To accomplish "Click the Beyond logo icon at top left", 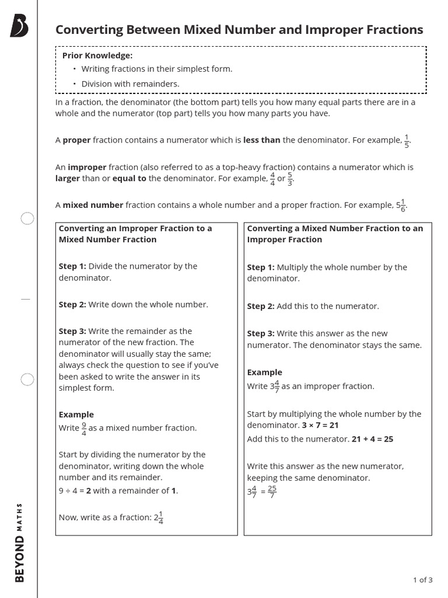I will click(19, 27).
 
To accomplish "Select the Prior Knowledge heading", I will click(97, 55).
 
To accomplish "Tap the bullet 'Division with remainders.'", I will click(130, 84).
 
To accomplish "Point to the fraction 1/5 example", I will click(407, 141).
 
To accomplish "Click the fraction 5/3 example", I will click(290, 178).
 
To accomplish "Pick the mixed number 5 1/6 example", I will click(401, 205).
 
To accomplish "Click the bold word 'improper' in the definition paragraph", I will click(87, 167).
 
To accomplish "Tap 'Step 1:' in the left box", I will click(72, 266).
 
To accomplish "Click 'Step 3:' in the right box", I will click(260, 333).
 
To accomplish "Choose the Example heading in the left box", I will click(76, 415).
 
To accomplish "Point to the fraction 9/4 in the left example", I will click(84, 428).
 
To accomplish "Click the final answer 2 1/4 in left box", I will click(158, 517).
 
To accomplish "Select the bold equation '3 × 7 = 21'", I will click(320, 425).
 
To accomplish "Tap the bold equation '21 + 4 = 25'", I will click(372, 439).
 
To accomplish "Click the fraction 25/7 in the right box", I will click(272, 492).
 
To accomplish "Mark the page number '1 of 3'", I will click(422, 580).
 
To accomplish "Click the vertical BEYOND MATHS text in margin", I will click(19, 542).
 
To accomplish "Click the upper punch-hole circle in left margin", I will click(27, 219).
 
